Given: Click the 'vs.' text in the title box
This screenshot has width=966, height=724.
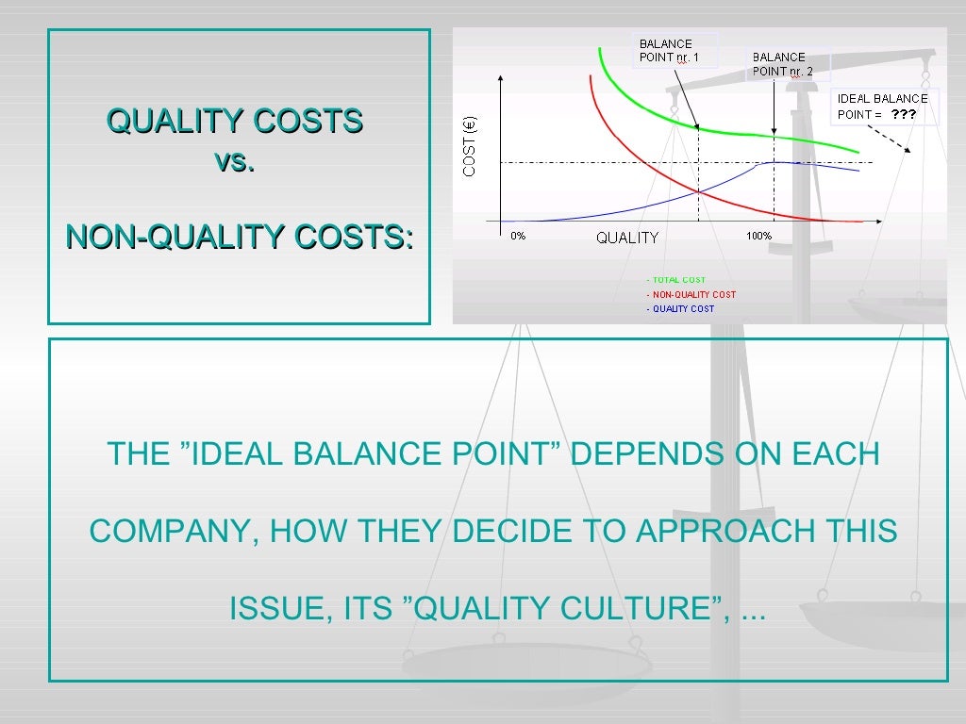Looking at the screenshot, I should pyautogui.click(x=234, y=162).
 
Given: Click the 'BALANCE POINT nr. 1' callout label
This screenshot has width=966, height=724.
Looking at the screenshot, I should pyautogui.click(x=669, y=50).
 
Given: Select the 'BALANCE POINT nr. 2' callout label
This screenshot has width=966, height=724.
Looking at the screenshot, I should pyautogui.click(x=782, y=63).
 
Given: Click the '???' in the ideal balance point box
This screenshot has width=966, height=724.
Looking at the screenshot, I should pyautogui.click(x=904, y=113).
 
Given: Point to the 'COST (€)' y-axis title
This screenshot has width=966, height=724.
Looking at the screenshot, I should pyautogui.click(x=470, y=145).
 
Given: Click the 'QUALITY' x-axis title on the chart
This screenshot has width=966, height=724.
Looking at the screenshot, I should pyautogui.click(x=627, y=238).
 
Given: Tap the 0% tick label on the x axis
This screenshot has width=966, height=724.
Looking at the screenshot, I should pyautogui.click(x=518, y=237).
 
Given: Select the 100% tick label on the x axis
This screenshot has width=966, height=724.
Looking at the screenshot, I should pyautogui.click(x=758, y=237).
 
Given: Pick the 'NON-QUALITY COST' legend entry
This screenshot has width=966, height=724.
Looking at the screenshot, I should pyautogui.click(x=691, y=294).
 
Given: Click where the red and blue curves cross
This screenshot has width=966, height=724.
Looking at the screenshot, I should pyautogui.click(x=698, y=191).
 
